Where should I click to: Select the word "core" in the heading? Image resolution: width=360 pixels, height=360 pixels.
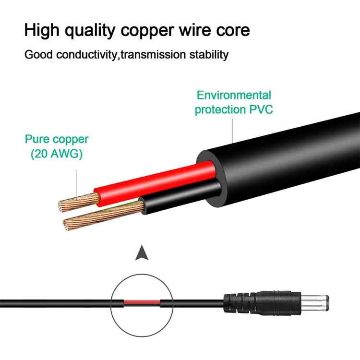coord(232,30)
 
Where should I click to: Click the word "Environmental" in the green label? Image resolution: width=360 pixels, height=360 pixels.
coord(234,95)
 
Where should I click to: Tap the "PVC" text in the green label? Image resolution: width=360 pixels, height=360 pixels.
coord(260,109)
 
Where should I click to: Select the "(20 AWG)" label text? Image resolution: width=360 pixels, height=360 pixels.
coord(57,154)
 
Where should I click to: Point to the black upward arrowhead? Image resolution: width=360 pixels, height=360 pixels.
coord(141,253)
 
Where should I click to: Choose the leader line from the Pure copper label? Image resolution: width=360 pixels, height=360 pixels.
coord(76,180)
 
